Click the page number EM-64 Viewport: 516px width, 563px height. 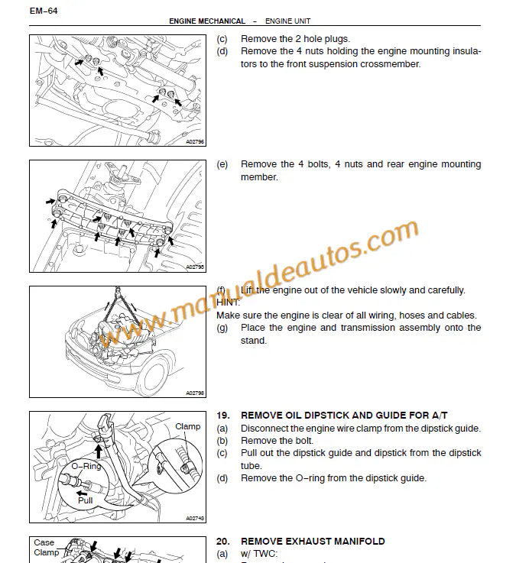(44, 10)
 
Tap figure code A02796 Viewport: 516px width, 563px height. (195, 141)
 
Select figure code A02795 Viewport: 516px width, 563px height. (195, 267)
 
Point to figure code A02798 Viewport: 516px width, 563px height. (195, 393)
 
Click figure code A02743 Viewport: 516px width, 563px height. (195, 518)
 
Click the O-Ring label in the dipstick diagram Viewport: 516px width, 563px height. (86, 465)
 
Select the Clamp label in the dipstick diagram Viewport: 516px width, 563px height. (187, 426)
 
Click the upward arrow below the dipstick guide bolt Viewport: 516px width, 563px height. (98, 451)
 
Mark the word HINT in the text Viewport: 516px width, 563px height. (228, 303)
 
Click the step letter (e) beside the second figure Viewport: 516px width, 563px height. (222, 164)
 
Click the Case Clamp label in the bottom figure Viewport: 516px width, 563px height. (45, 548)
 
